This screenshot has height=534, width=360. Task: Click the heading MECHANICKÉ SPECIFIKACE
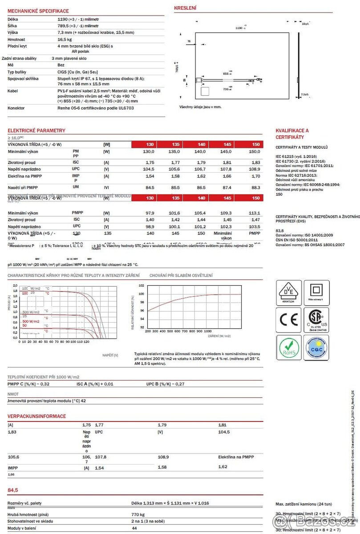[38, 11]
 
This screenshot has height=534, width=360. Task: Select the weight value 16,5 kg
[65, 39]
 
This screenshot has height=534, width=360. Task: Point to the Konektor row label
[16, 108]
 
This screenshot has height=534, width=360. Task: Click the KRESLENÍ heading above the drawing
[185, 8]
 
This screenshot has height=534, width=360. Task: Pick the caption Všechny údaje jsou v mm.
[200, 107]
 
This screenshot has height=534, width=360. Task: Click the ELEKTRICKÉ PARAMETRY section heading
[36, 130]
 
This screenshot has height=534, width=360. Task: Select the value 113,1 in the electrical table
[254, 213]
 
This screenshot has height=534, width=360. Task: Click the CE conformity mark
[289, 320]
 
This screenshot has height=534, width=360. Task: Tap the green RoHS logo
[289, 348]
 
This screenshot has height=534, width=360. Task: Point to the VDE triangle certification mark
[289, 292]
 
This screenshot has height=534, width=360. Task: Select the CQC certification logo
[316, 348]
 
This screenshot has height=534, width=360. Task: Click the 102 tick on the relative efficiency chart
[142, 285]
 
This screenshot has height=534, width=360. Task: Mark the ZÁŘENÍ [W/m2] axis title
[219, 336]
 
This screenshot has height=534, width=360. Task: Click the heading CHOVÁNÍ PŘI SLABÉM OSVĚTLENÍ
[181, 276]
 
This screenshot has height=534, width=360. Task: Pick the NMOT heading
[13, 394]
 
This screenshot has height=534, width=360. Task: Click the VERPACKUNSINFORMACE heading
[37, 416]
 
